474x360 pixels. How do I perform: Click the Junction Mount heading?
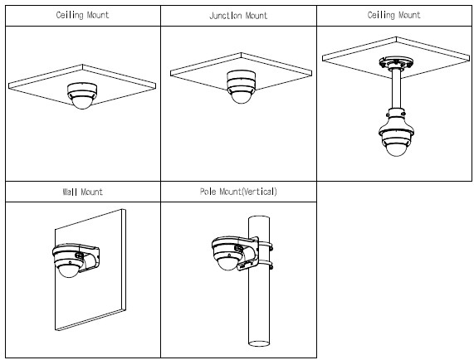(x=238, y=16)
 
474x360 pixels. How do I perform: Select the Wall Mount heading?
(x=82, y=192)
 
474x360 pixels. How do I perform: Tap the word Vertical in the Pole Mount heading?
(x=259, y=192)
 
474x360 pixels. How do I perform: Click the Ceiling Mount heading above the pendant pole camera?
(x=393, y=15)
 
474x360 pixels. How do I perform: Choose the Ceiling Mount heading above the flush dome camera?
(x=82, y=15)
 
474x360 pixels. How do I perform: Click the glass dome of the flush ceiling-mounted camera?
(x=82, y=103)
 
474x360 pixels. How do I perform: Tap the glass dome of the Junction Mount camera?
(x=241, y=98)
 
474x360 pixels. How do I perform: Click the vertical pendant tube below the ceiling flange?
(x=396, y=89)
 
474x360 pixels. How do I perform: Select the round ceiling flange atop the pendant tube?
(x=396, y=63)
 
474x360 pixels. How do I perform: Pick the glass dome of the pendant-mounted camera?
(x=396, y=149)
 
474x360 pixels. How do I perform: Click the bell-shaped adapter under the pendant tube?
(x=396, y=121)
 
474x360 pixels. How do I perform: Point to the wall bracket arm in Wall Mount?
(x=90, y=259)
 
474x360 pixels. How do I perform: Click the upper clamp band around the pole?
(x=265, y=245)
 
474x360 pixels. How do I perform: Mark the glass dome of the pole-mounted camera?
(x=227, y=263)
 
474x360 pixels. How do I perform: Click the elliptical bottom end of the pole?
(x=259, y=343)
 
